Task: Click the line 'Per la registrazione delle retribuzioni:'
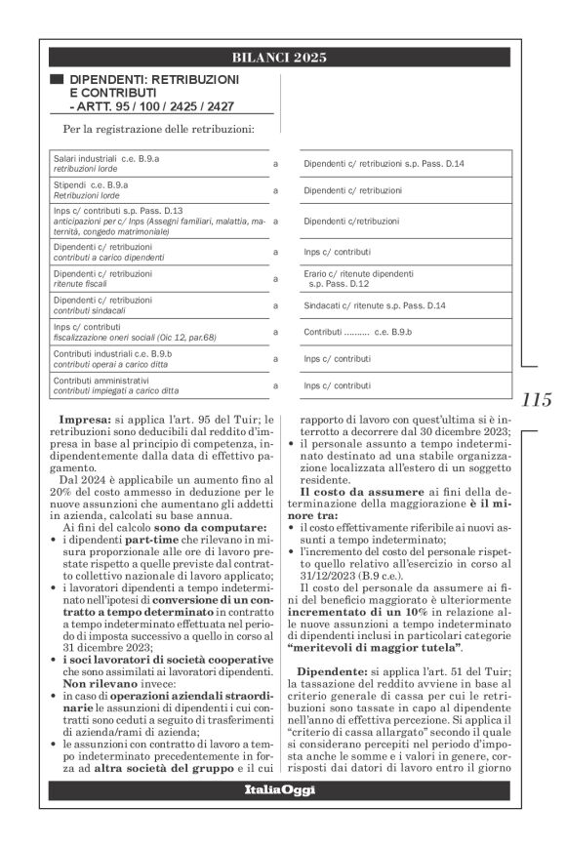[157, 128]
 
